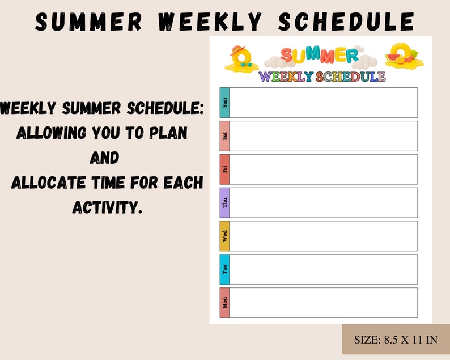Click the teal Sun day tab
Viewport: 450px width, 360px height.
(224, 103)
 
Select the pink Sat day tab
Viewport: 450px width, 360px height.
(224, 136)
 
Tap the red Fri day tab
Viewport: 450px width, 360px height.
(224, 170)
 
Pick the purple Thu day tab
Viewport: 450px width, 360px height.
(224, 202)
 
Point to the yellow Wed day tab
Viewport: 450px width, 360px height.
(224, 236)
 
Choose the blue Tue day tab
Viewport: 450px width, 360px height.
(224, 269)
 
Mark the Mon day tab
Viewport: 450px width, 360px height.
(224, 303)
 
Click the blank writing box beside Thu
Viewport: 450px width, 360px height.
(323, 202)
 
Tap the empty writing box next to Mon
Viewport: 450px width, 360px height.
(323, 303)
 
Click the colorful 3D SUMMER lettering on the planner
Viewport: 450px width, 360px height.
(319, 56)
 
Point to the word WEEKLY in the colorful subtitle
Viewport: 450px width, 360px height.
(286, 77)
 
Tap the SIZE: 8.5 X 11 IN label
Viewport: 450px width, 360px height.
(396, 340)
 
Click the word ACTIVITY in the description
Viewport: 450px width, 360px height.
(106, 207)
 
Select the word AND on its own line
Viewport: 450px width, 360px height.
(104, 158)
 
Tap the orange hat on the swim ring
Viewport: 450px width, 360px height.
(236, 50)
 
